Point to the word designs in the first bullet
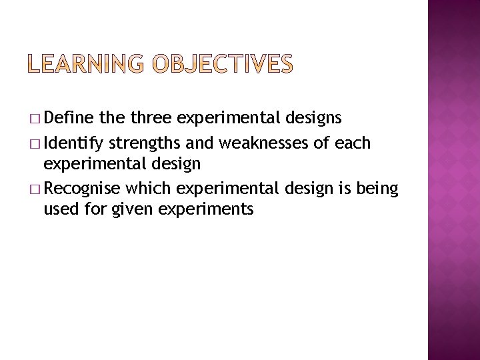(x=313, y=119)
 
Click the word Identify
(x=76, y=143)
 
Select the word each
(x=353, y=143)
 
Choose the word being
(x=377, y=190)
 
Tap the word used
(x=59, y=210)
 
